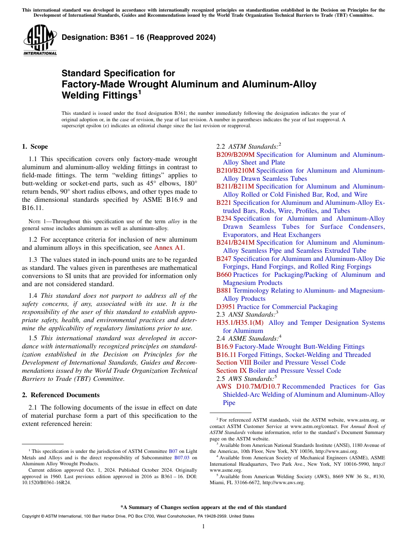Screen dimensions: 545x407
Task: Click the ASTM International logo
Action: (x=40, y=40)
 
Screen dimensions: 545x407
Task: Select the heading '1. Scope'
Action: (x=35, y=147)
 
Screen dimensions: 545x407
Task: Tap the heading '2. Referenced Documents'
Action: (x=60, y=395)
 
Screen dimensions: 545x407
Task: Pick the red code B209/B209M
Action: (x=235, y=155)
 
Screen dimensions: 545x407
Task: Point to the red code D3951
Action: (x=226, y=307)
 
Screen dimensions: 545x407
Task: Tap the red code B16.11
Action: (x=226, y=355)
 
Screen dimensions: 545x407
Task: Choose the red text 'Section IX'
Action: (x=231, y=371)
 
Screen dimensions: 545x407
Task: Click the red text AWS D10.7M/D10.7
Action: (x=248, y=386)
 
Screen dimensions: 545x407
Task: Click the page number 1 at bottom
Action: (x=203, y=527)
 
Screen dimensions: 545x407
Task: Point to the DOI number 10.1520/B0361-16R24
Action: (x=47, y=482)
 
